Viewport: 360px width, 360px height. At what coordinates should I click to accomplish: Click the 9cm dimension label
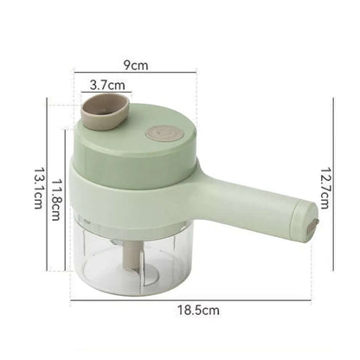coord(136,66)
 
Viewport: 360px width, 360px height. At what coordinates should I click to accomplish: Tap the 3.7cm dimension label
coord(107,85)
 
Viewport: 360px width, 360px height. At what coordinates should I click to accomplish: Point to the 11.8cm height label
coord(56,200)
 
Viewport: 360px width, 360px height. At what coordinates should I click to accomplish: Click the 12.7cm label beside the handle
coord(325,188)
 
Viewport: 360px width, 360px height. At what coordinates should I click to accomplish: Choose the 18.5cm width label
coord(198,311)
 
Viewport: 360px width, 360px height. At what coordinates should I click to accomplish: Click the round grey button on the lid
coord(164,134)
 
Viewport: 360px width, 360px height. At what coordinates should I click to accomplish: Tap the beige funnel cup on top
coord(105,112)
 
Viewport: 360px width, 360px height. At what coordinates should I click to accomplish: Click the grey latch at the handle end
coord(314,227)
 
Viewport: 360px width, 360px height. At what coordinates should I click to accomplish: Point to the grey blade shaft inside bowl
coord(132,255)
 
